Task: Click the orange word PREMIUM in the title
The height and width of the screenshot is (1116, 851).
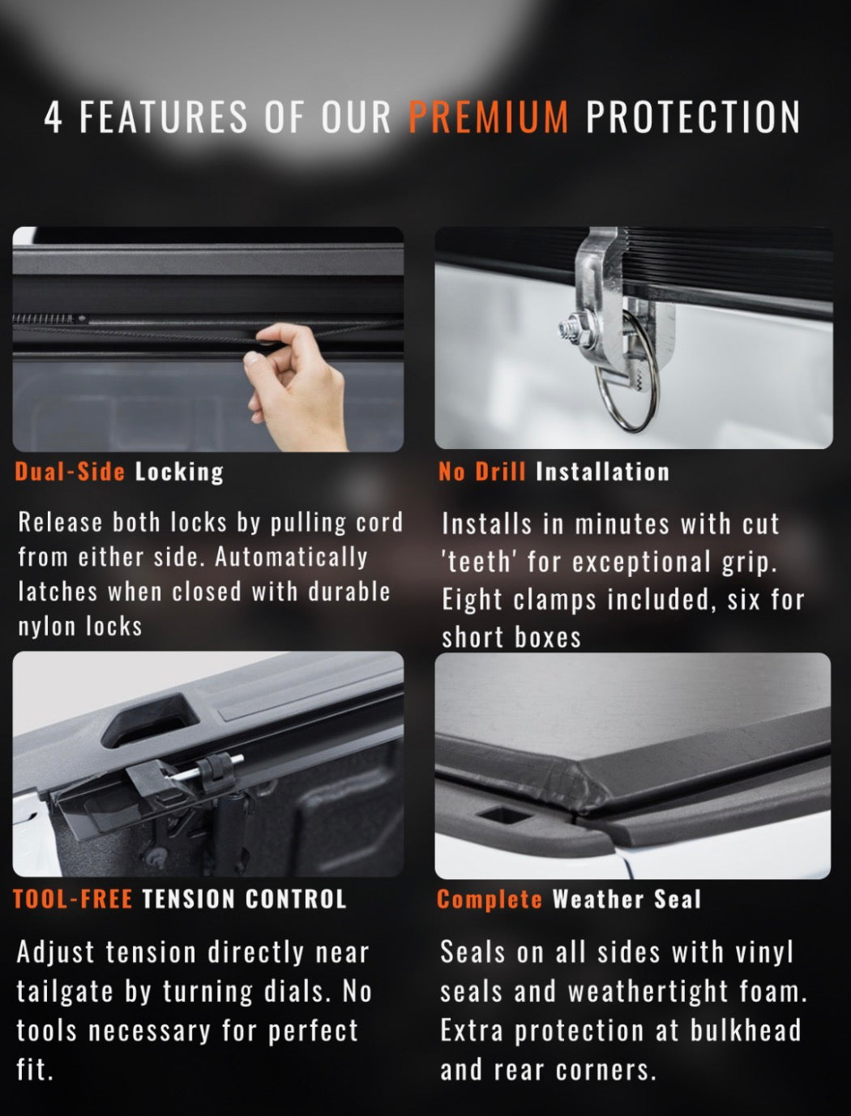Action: (x=489, y=117)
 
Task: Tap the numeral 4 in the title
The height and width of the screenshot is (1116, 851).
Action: (x=53, y=118)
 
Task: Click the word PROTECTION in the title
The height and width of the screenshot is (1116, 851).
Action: (x=693, y=117)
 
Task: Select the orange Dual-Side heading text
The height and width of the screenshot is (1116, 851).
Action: (x=70, y=472)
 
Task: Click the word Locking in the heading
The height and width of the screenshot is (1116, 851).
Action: (x=179, y=472)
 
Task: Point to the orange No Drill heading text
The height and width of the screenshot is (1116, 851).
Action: (x=482, y=472)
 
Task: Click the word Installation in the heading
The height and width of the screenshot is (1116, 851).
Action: (x=603, y=472)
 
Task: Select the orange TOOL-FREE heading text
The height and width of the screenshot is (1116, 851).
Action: (x=72, y=899)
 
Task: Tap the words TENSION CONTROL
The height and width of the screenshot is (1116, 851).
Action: (x=244, y=899)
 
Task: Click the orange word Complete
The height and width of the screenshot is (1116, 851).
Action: (x=490, y=899)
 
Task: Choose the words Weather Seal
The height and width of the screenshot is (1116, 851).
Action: (x=626, y=899)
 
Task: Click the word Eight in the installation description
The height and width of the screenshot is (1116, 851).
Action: (x=473, y=600)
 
